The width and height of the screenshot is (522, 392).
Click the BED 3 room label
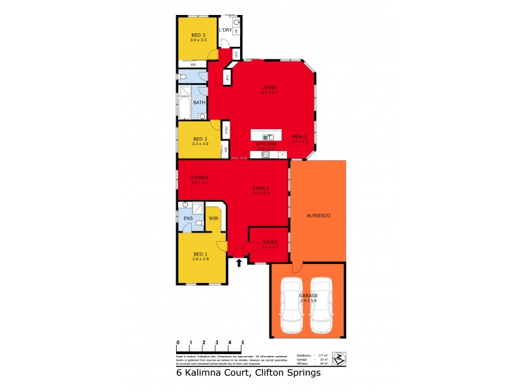coord(198,35)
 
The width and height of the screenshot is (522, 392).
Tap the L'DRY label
coord(225,30)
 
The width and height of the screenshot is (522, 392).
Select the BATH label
coord(199,103)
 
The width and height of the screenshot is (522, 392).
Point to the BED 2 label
coord(200,139)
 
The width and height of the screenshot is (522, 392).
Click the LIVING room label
coord(269,87)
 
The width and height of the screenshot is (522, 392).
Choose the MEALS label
coord(299,136)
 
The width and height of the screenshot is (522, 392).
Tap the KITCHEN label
coord(264,143)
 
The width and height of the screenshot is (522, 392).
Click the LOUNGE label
coord(198,177)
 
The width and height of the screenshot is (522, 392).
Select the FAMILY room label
coord(261,188)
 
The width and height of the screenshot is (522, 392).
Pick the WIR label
coord(213,218)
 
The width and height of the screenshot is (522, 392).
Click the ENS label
coord(188,218)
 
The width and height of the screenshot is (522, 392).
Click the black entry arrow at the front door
coord(239,263)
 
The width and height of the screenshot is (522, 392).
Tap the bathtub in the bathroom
coord(184,106)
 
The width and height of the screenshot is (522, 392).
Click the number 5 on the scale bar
coord(243,342)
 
